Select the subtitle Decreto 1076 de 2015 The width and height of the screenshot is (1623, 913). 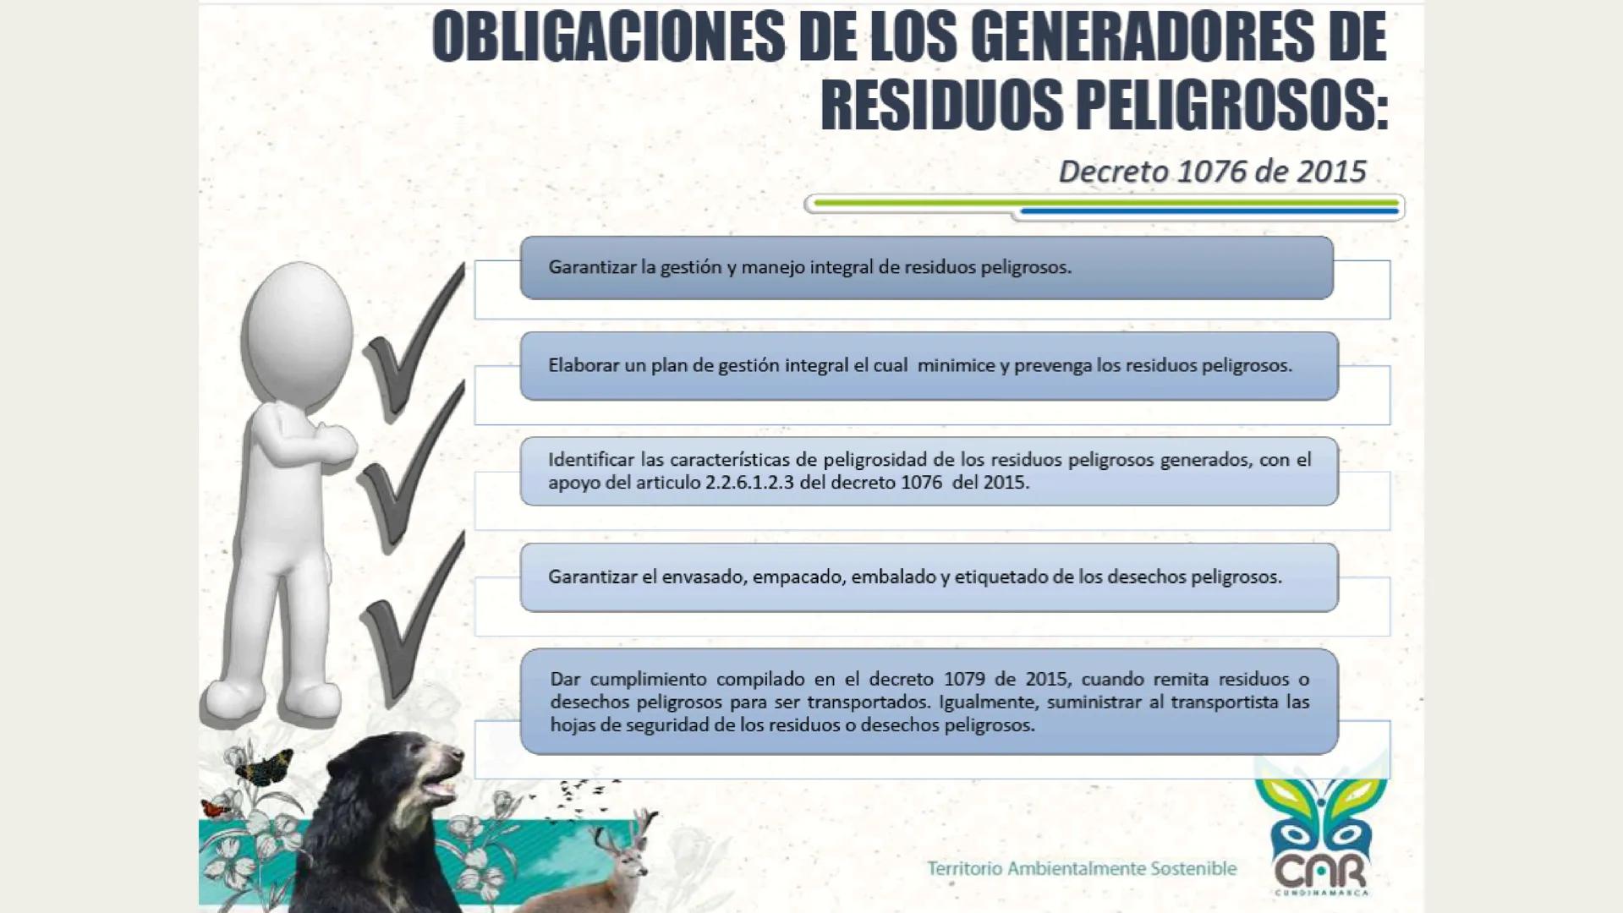point(1211,172)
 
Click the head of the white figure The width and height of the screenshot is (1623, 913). point(296,330)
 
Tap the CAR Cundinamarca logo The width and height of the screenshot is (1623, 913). point(1319,837)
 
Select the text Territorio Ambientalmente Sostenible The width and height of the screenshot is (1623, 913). point(1082,868)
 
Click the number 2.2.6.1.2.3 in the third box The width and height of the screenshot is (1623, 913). point(748,483)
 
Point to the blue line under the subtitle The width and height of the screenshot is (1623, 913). point(1209,211)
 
